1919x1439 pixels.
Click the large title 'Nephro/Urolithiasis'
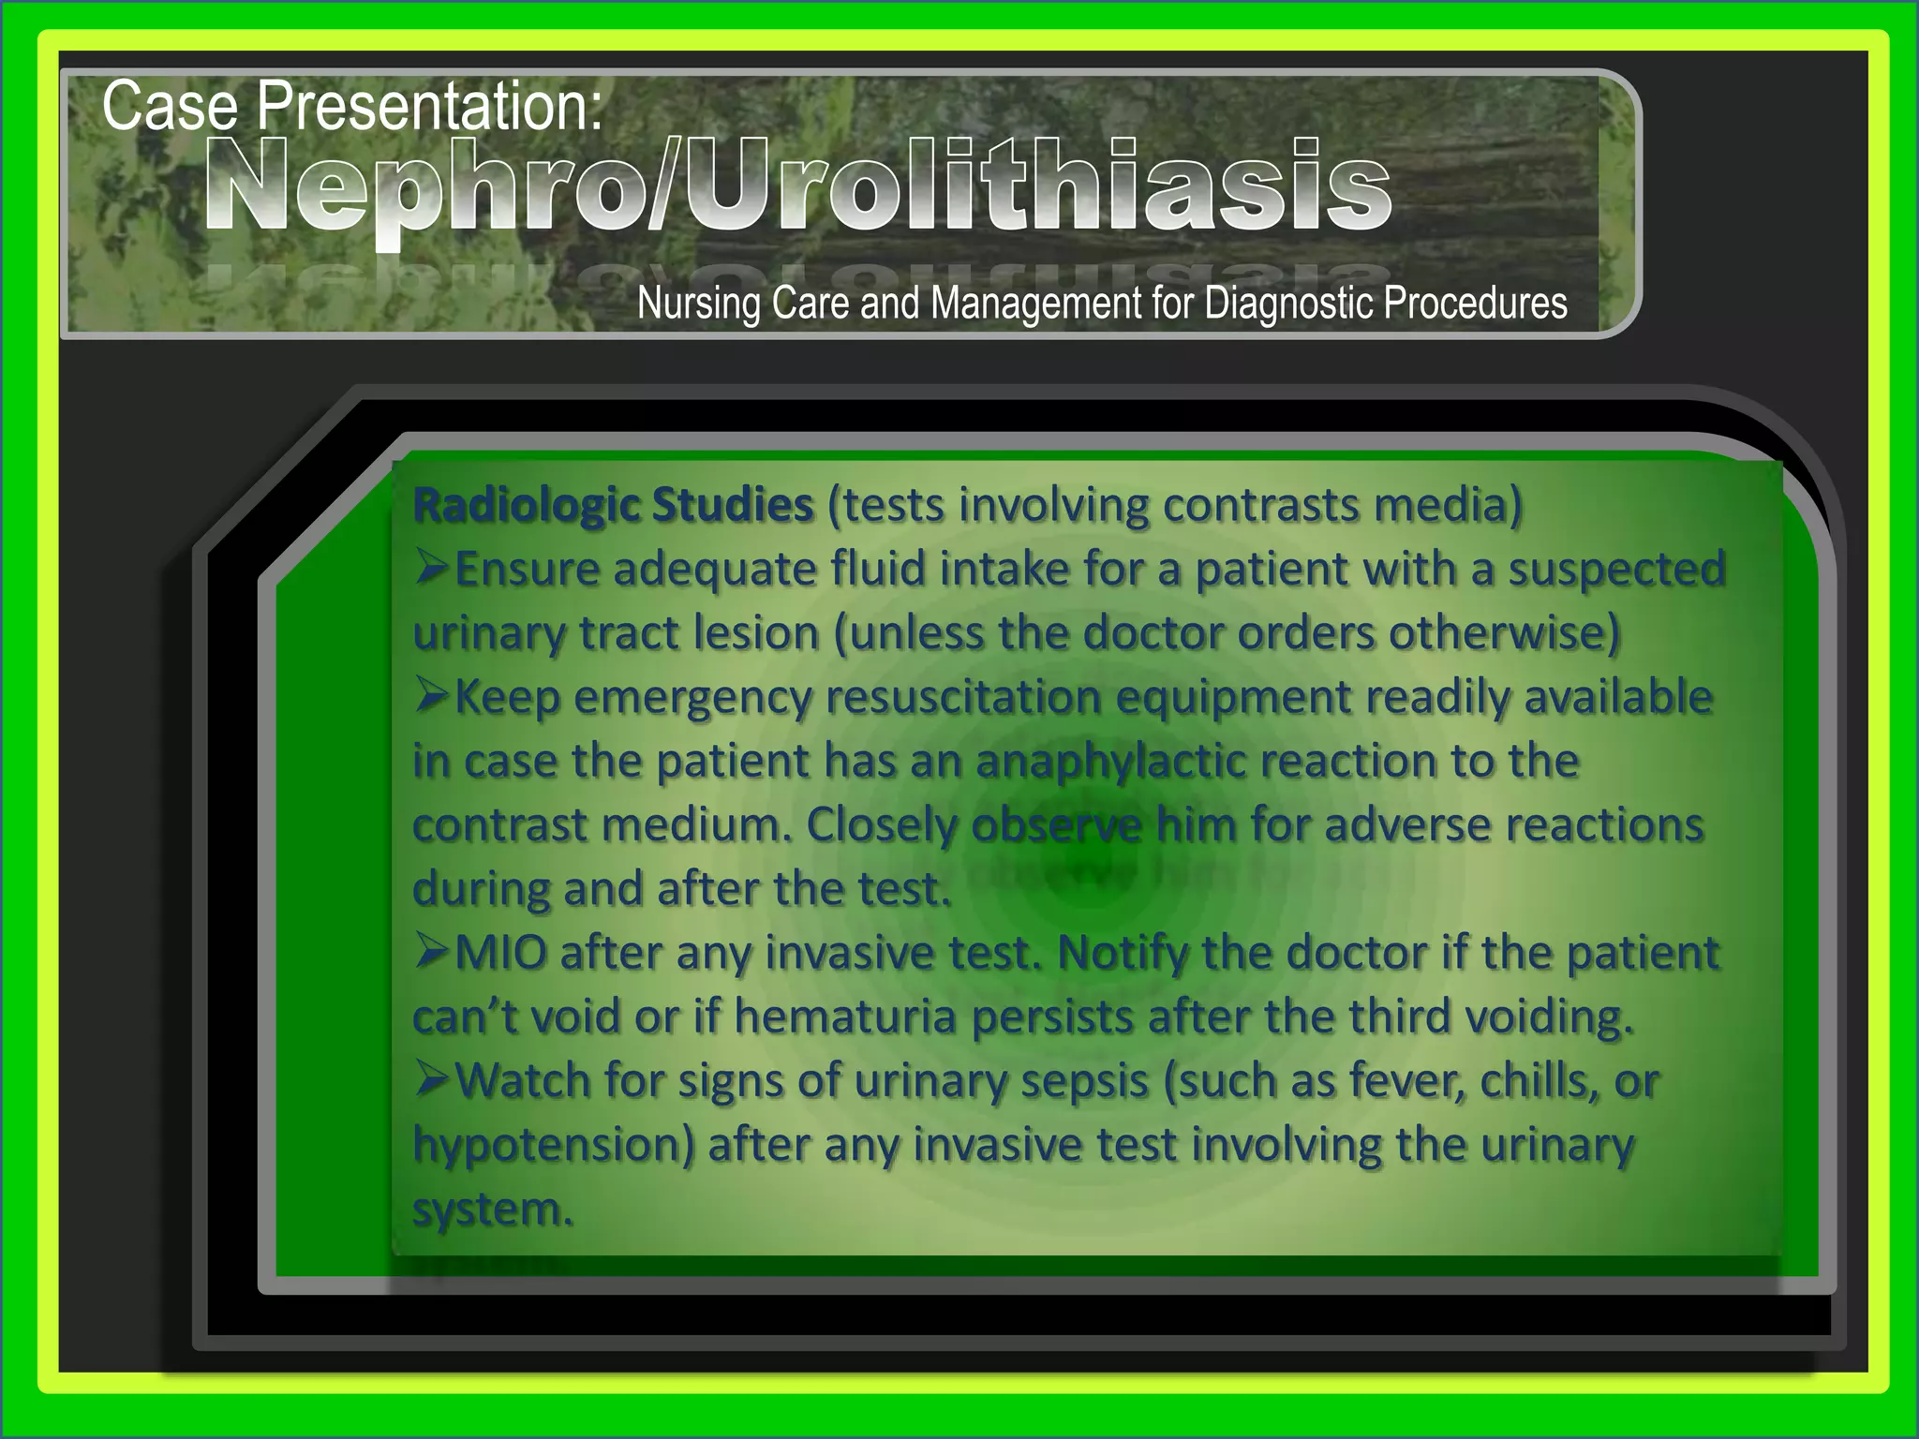796,185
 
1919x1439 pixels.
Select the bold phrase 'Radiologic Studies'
613,506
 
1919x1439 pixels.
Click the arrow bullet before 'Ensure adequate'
432,568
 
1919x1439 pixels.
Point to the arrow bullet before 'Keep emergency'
432,696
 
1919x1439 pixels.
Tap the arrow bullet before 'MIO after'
432,953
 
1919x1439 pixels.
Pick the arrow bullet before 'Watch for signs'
432,1080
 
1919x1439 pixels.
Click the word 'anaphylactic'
1111,761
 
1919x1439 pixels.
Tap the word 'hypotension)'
554,1145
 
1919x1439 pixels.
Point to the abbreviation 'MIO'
500,954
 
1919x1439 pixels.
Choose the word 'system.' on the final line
492,1209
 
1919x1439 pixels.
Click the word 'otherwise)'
1505,633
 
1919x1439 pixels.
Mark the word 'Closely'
883,825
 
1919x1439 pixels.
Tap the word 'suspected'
1615,570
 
